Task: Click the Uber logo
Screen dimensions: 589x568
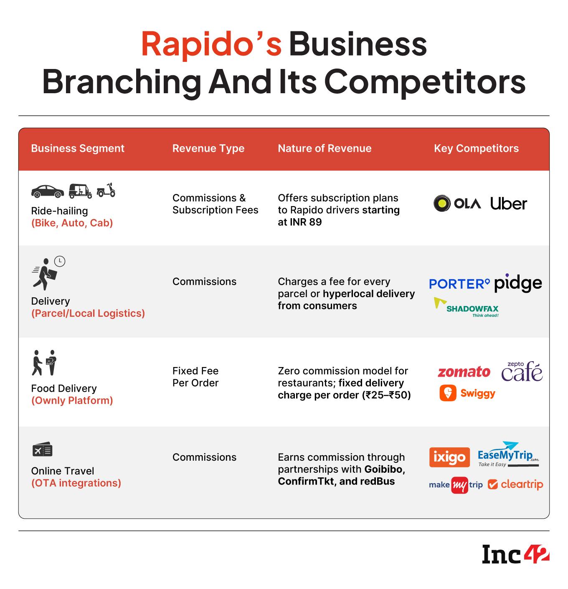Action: (508, 204)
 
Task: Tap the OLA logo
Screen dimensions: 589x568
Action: (456, 204)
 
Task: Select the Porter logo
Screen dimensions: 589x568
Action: (459, 284)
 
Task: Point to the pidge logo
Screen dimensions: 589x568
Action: (518, 284)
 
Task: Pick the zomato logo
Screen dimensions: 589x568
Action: (464, 372)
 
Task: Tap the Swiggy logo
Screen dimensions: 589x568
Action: (467, 393)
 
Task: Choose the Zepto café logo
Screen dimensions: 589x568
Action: (522, 371)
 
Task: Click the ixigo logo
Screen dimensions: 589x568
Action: (449, 457)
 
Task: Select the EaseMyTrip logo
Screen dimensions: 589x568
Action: (508, 454)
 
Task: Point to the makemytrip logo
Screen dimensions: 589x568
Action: (456, 485)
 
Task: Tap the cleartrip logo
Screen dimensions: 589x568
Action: (515, 485)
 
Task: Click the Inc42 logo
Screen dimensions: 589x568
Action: (515, 554)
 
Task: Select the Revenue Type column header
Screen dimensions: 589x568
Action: (208, 148)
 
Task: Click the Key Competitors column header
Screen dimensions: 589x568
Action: (476, 148)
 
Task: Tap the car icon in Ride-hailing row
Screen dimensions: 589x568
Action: (48, 191)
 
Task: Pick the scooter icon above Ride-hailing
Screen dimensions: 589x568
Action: (106, 190)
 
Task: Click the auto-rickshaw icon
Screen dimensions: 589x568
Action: (80, 191)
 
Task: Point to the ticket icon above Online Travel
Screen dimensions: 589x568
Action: (42, 450)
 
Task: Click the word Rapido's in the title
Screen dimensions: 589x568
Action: (211, 44)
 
